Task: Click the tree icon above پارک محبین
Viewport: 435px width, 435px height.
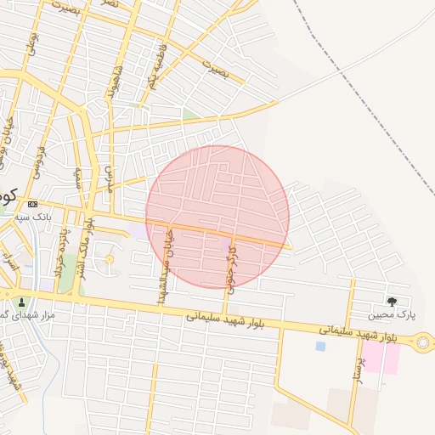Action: (392, 301)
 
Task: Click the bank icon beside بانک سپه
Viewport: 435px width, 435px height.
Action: (33, 204)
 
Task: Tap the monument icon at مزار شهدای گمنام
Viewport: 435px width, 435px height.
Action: (21, 301)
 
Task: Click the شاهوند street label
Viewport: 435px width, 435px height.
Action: (114, 81)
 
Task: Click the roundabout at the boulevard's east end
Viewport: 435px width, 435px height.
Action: (422, 342)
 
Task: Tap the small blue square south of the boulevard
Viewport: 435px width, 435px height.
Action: (320, 346)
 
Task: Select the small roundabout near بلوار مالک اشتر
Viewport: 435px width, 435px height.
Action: (108, 260)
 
